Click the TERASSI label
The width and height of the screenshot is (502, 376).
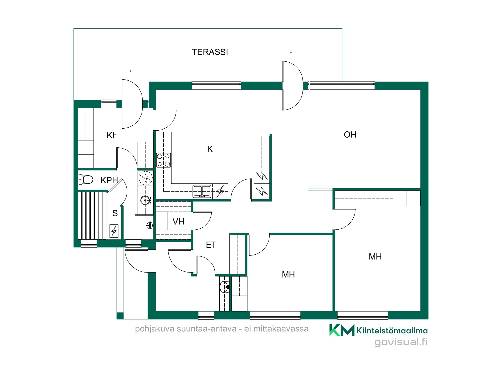tap(210, 52)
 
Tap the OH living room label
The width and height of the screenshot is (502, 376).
tap(350, 135)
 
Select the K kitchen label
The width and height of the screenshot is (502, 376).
tap(210, 149)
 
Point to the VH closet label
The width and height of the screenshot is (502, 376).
tap(178, 222)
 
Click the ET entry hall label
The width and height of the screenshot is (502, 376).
tap(211, 245)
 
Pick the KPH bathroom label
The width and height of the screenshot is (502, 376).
tap(109, 180)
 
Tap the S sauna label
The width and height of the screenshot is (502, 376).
tap(115, 213)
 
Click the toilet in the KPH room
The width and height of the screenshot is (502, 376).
tap(86, 179)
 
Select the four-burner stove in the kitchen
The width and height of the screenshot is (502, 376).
tap(164, 160)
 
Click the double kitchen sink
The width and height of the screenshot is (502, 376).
tap(202, 191)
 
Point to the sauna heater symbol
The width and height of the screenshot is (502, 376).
tap(114, 231)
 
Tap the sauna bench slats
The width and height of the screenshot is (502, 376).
tap(92, 216)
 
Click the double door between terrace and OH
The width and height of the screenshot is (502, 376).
tap(293, 86)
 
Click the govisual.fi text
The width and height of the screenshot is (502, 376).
tap(401, 342)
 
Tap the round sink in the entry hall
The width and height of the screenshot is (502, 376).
tap(224, 287)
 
